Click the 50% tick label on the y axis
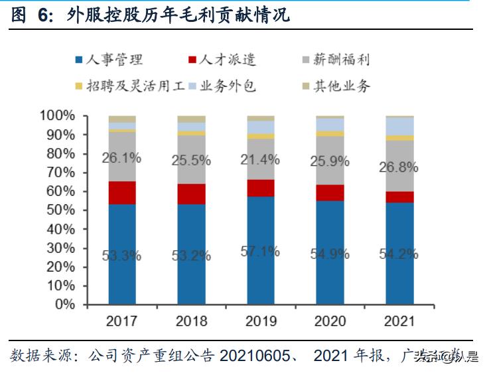61,210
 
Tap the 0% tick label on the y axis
65,305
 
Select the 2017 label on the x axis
122,321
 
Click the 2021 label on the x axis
399,321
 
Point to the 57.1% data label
261,252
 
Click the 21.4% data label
261,160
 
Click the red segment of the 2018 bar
192,194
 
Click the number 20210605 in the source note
253,356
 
